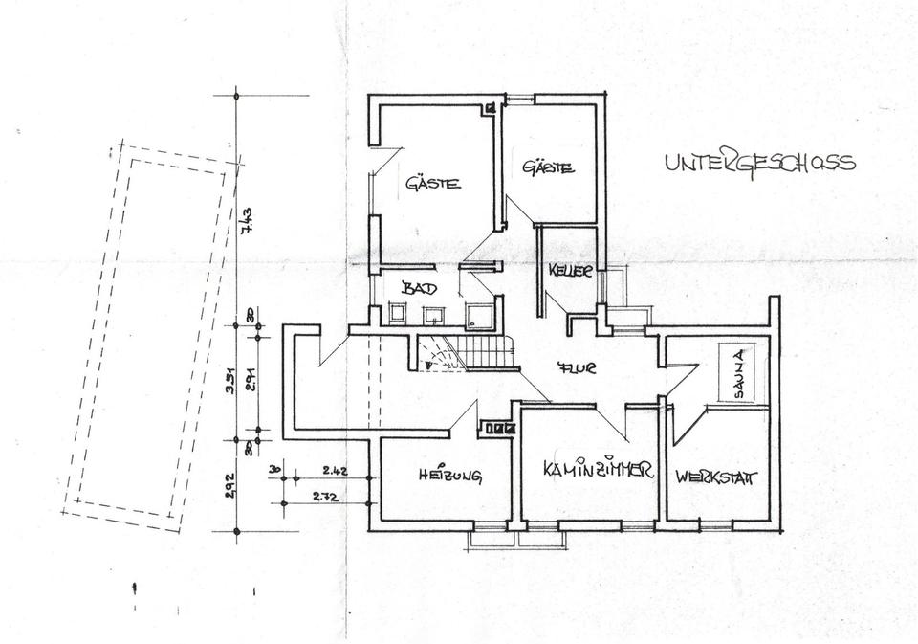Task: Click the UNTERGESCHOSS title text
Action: (x=760, y=164)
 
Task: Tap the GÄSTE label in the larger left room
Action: (x=433, y=183)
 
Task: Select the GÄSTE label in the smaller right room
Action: (x=548, y=168)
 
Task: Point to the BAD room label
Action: (x=418, y=287)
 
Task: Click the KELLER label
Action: (x=571, y=272)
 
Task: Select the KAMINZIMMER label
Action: (x=597, y=471)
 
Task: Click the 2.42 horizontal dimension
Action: (x=334, y=470)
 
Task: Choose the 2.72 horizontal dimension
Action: (x=325, y=497)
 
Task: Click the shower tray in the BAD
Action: (x=477, y=314)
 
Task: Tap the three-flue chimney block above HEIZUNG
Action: (x=496, y=429)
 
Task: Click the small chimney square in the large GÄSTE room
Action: (x=491, y=108)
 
